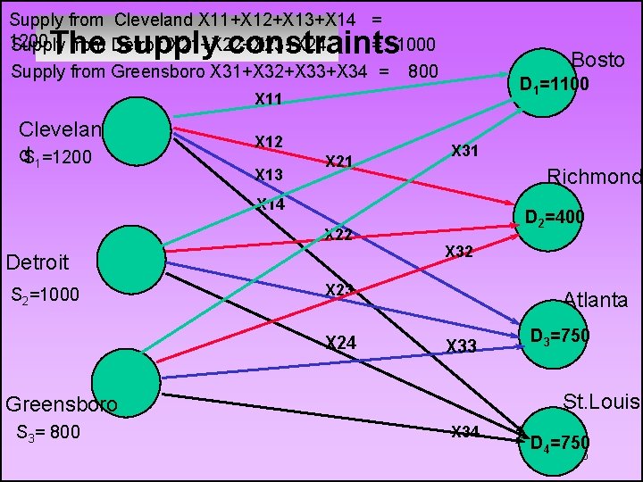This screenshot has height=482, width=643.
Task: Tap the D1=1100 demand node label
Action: [x=555, y=85]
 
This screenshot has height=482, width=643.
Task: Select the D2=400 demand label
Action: [x=554, y=217]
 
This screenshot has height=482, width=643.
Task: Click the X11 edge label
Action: [x=269, y=99]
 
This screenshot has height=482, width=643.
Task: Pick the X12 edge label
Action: [x=269, y=142]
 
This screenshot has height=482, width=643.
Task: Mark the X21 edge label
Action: [x=339, y=162]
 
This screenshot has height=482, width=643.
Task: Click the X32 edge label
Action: [x=459, y=252]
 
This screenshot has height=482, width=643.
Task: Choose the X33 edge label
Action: [x=462, y=345]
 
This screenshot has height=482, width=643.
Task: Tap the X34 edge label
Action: [x=465, y=432]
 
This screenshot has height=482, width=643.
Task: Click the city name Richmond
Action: [x=594, y=177]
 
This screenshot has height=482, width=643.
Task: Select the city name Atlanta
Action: [x=596, y=300]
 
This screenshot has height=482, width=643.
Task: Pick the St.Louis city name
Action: [x=602, y=402]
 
